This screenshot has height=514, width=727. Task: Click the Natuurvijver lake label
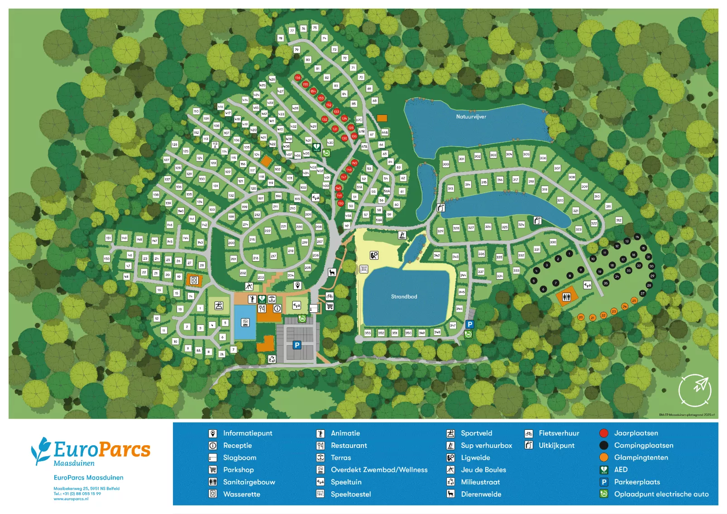(x=471, y=117)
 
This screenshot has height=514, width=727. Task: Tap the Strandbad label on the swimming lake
(x=404, y=297)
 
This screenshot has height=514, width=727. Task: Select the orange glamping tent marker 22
(x=603, y=315)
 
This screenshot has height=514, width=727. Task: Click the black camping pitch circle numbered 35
(x=606, y=283)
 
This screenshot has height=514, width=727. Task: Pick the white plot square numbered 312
(x=618, y=220)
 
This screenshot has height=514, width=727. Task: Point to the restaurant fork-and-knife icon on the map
(x=262, y=309)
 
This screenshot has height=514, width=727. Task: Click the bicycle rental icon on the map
(x=330, y=296)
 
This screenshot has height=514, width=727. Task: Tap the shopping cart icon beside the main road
(x=330, y=306)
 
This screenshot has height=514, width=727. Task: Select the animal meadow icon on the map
(x=332, y=272)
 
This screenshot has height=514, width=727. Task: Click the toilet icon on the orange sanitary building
(x=566, y=297)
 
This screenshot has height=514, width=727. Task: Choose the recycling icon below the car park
(x=272, y=359)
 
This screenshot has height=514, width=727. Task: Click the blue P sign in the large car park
(x=297, y=345)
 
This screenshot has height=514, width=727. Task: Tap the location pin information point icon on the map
(x=297, y=285)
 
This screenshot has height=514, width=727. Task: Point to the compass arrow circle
(x=694, y=390)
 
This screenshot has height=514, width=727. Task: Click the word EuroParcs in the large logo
(x=102, y=450)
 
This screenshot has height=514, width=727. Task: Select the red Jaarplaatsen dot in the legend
(x=603, y=433)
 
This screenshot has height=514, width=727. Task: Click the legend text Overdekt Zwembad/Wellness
(x=379, y=470)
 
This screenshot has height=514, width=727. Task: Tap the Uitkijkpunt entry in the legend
(x=556, y=445)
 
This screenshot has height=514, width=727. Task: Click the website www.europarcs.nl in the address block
(x=71, y=499)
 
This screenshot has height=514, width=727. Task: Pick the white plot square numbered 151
(x=108, y=238)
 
